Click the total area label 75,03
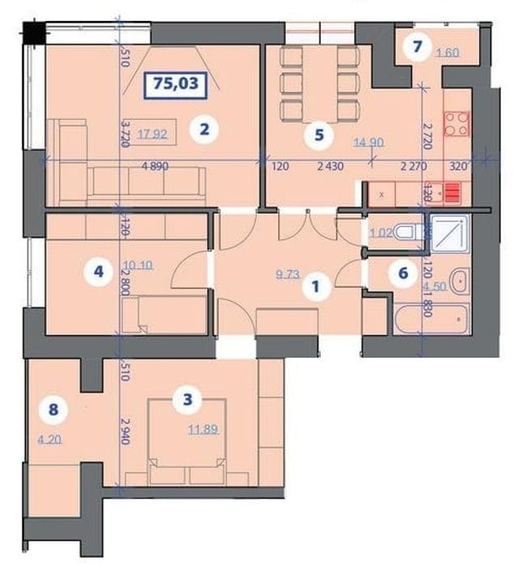coord(176,83)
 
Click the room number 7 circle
coord(417,46)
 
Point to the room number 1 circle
coord(316,286)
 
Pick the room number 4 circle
coord(98,273)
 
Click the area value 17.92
coord(151,134)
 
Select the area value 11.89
coord(201,430)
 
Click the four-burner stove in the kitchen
coord(457,123)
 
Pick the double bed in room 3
coord(186,453)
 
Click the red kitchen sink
coord(452,193)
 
